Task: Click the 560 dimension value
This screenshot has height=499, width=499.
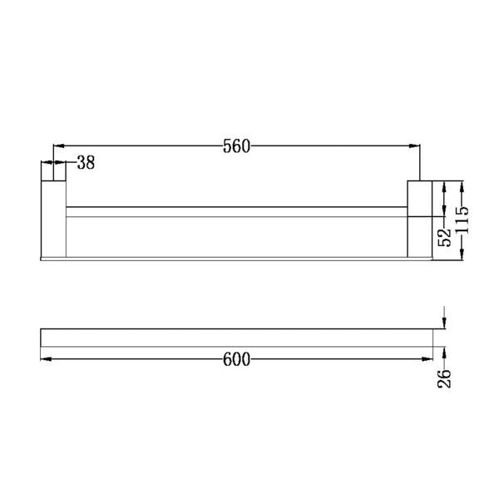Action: click(x=236, y=146)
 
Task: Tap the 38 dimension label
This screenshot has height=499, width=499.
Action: click(x=86, y=163)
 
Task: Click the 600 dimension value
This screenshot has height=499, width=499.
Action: click(x=237, y=359)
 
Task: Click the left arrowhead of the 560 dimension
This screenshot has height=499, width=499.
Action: click(x=59, y=146)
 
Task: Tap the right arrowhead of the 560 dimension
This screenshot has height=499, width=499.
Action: click(x=414, y=146)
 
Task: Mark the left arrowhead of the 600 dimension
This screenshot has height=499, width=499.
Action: click(x=46, y=359)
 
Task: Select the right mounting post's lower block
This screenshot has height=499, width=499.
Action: click(x=418, y=236)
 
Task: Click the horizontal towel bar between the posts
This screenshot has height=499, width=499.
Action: click(x=237, y=212)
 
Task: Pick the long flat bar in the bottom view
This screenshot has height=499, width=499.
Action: click(x=237, y=337)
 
